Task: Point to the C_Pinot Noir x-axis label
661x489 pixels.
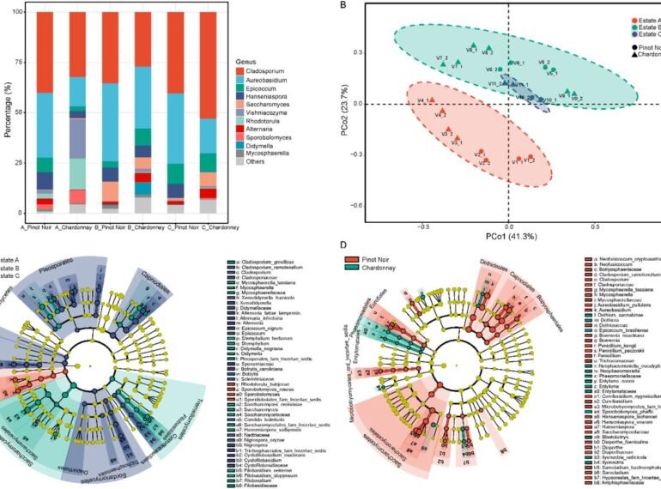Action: [x=177, y=226]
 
